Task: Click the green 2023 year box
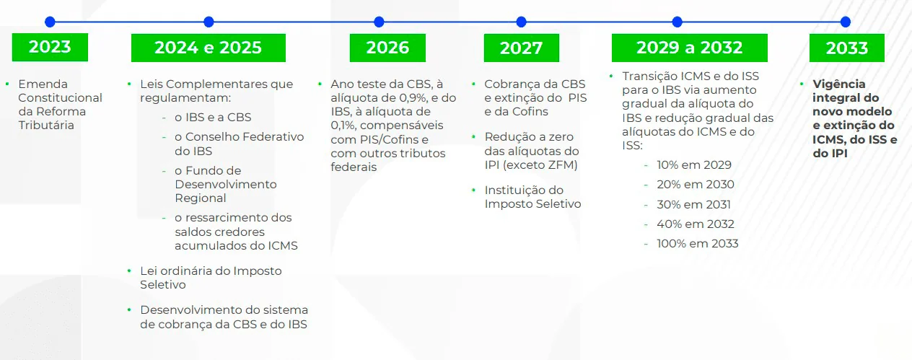pyautogui.click(x=50, y=48)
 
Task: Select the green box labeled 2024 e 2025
pyautogui.click(x=208, y=48)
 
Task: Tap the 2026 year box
pyautogui.click(x=387, y=48)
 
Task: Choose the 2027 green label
pyautogui.click(x=521, y=48)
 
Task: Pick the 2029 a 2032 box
pyautogui.click(x=689, y=48)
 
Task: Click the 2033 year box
pyautogui.click(x=846, y=48)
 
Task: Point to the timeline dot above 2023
pyautogui.click(x=50, y=22)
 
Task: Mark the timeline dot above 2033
pyautogui.click(x=846, y=22)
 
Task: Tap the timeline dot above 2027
pyautogui.click(x=521, y=22)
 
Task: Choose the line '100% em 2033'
pyautogui.click(x=697, y=244)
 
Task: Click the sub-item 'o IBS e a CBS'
pyautogui.click(x=213, y=118)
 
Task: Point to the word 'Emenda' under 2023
pyautogui.click(x=43, y=84)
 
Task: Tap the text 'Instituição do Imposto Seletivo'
pyautogui.click(x=532, y=197)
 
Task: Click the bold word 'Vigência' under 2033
pyautogui.click(x=839, y=84)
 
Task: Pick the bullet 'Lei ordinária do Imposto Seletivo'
pyautogui.click(x=211, y=278)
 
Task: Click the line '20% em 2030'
pyautogui.click(x=695, y=185)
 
